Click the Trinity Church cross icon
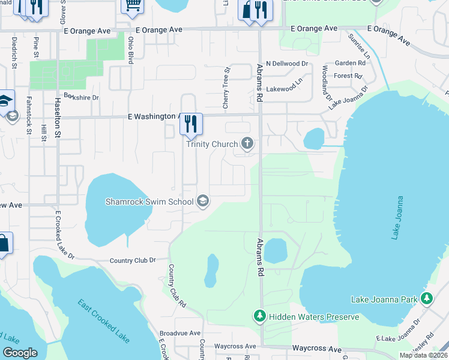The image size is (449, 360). click(247, 143)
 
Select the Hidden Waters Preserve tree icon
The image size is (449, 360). click(259, 316)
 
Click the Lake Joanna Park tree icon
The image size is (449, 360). click(427, 298)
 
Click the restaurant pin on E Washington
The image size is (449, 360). click(191, 124)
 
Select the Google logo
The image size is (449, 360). click(20, 353)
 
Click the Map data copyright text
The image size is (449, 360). click(424, 355)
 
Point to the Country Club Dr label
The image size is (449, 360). click(132, 260)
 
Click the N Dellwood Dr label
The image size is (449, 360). click(286, 63)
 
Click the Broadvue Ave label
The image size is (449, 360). click(179, 333)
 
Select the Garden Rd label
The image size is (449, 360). click(350, 63)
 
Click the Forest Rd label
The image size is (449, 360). click(348, 76)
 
